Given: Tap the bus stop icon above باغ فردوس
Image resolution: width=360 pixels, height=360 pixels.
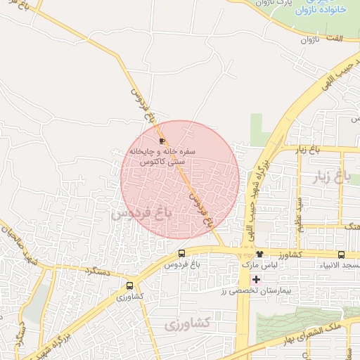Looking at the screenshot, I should pyautogui.click(x=183, y=254).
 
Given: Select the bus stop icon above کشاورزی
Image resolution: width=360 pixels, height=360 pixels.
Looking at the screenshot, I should pyautogui.click(x=129, y=286).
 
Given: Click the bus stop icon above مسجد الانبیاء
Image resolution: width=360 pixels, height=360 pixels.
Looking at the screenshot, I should pyautogui.click(x=341, y=255).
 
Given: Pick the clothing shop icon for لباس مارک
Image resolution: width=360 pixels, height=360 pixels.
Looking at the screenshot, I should pyautogui.click(x=260, y=254).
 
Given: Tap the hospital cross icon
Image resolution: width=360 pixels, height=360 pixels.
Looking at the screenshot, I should pyautogui.click(x=256, y=279).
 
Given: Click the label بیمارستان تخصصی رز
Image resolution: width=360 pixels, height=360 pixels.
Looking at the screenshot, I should pyautogui.click(x=255, y=290).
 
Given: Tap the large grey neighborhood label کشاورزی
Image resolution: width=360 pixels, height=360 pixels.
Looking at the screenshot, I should pyautogui.click(x=188, y=324).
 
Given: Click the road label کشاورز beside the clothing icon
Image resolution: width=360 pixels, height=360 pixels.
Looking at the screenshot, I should pyautogui.click(x=290, y=254).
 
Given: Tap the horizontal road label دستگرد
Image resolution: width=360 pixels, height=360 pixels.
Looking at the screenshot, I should pyautogui.click(x=98, y=270).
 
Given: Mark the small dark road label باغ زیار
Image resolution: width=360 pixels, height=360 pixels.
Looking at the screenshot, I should pyautogui.click(x=307, y=150).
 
